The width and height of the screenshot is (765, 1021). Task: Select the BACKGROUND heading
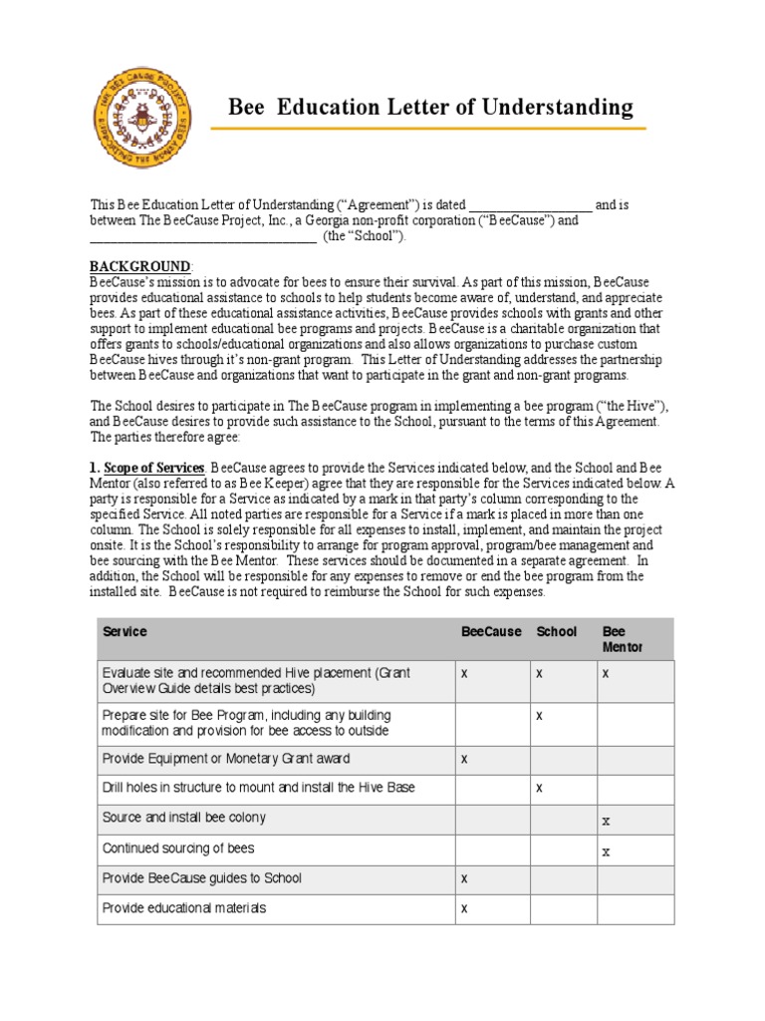tap(140, 267)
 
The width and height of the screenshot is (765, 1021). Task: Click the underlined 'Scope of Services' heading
tap(154, 468)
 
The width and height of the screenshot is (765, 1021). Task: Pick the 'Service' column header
tap(125, 632)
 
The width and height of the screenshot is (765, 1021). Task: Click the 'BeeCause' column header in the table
tap(491, 632)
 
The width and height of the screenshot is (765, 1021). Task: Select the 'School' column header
tap(557, 632)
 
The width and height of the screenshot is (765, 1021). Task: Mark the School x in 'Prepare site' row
tap(539, 716)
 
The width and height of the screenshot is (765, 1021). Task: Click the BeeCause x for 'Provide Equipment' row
tap(464, 759)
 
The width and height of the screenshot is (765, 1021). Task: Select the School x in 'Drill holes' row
tap(539, 788)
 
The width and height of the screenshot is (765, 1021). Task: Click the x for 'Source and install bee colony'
tap(606, 821)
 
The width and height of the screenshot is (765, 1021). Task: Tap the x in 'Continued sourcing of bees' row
tap(606, 851)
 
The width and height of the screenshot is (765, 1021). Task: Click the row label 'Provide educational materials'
tap(184, 908)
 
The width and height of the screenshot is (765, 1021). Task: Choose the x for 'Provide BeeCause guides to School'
tap(464, 878)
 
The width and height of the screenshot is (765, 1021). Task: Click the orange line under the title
tap(428, 129)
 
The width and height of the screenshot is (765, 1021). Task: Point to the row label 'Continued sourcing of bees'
tap(178, 849)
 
